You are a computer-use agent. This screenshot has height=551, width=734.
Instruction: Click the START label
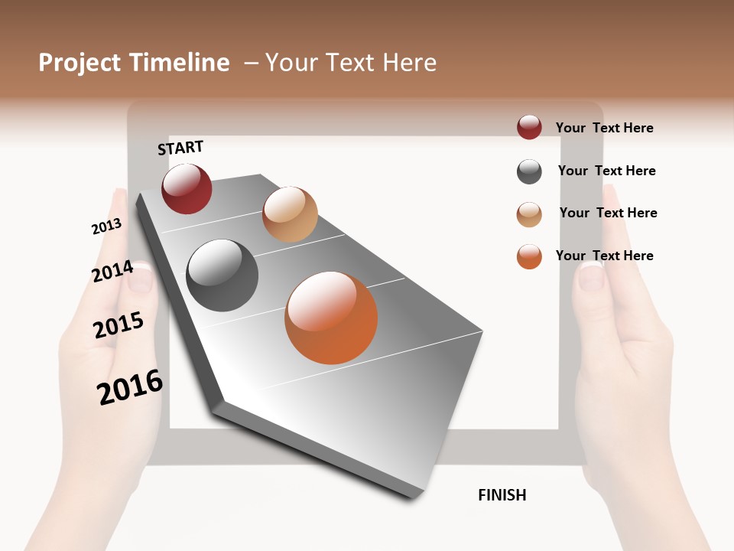180,148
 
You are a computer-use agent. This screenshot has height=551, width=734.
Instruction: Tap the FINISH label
502,495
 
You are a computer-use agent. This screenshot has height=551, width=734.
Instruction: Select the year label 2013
106,227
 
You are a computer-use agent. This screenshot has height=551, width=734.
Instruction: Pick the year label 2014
112,272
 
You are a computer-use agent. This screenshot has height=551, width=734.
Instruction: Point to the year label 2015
119,325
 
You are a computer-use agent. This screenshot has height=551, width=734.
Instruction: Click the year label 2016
130,386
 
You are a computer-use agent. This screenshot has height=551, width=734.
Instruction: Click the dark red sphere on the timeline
187,189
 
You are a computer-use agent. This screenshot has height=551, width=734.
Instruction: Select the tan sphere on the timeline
290,214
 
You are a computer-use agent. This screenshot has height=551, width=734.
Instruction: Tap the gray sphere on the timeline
222,275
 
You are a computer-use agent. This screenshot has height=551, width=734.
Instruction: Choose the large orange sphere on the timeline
331,318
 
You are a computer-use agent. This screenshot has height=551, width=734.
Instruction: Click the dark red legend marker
529,127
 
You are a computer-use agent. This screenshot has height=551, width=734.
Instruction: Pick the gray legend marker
529,171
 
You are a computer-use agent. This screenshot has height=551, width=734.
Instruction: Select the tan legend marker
529,214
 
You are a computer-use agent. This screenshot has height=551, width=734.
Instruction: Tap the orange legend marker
529,256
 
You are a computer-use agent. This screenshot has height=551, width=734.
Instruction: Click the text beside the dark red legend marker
604,128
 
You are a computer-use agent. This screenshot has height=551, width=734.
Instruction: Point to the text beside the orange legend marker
604,256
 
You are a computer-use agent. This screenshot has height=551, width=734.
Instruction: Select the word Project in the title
80,63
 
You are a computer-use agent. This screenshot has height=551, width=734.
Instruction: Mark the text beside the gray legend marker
606,171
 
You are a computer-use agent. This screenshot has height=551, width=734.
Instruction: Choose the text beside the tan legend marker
608,213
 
